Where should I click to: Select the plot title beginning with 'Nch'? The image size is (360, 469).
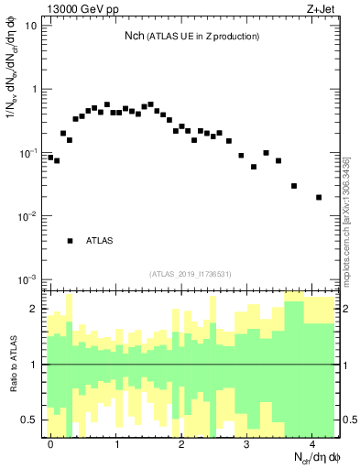click(191, 36)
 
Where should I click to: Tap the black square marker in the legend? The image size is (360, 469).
click(70, 241)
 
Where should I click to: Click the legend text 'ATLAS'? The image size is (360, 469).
click(100, 241)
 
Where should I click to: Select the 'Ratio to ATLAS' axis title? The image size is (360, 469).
click(12, 365)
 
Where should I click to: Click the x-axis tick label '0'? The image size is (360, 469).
click(50, 443)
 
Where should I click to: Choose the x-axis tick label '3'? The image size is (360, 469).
click(247, 443)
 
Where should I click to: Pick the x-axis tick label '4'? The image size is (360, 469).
click(312, 443)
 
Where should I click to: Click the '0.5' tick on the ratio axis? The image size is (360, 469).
click(29, 420)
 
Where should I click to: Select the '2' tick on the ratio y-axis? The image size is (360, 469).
click(35, 309)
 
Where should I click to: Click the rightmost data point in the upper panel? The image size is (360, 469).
click(319, 197)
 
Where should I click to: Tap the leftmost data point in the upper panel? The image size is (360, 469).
click(50, 157)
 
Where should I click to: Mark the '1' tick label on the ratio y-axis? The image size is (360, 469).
click(35, 365)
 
